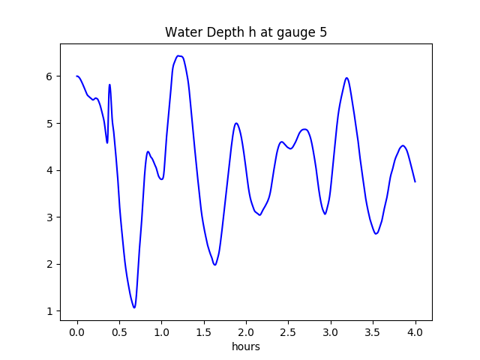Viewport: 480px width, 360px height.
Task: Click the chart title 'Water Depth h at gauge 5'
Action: point(246,33)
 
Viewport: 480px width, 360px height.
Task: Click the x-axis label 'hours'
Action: point(246,346)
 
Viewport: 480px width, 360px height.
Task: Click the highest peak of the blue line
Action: point(178,55)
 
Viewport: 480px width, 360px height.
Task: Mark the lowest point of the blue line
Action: point(134,307)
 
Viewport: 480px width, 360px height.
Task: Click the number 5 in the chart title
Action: point(323,33)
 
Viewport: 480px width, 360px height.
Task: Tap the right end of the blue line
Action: point(415,181)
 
